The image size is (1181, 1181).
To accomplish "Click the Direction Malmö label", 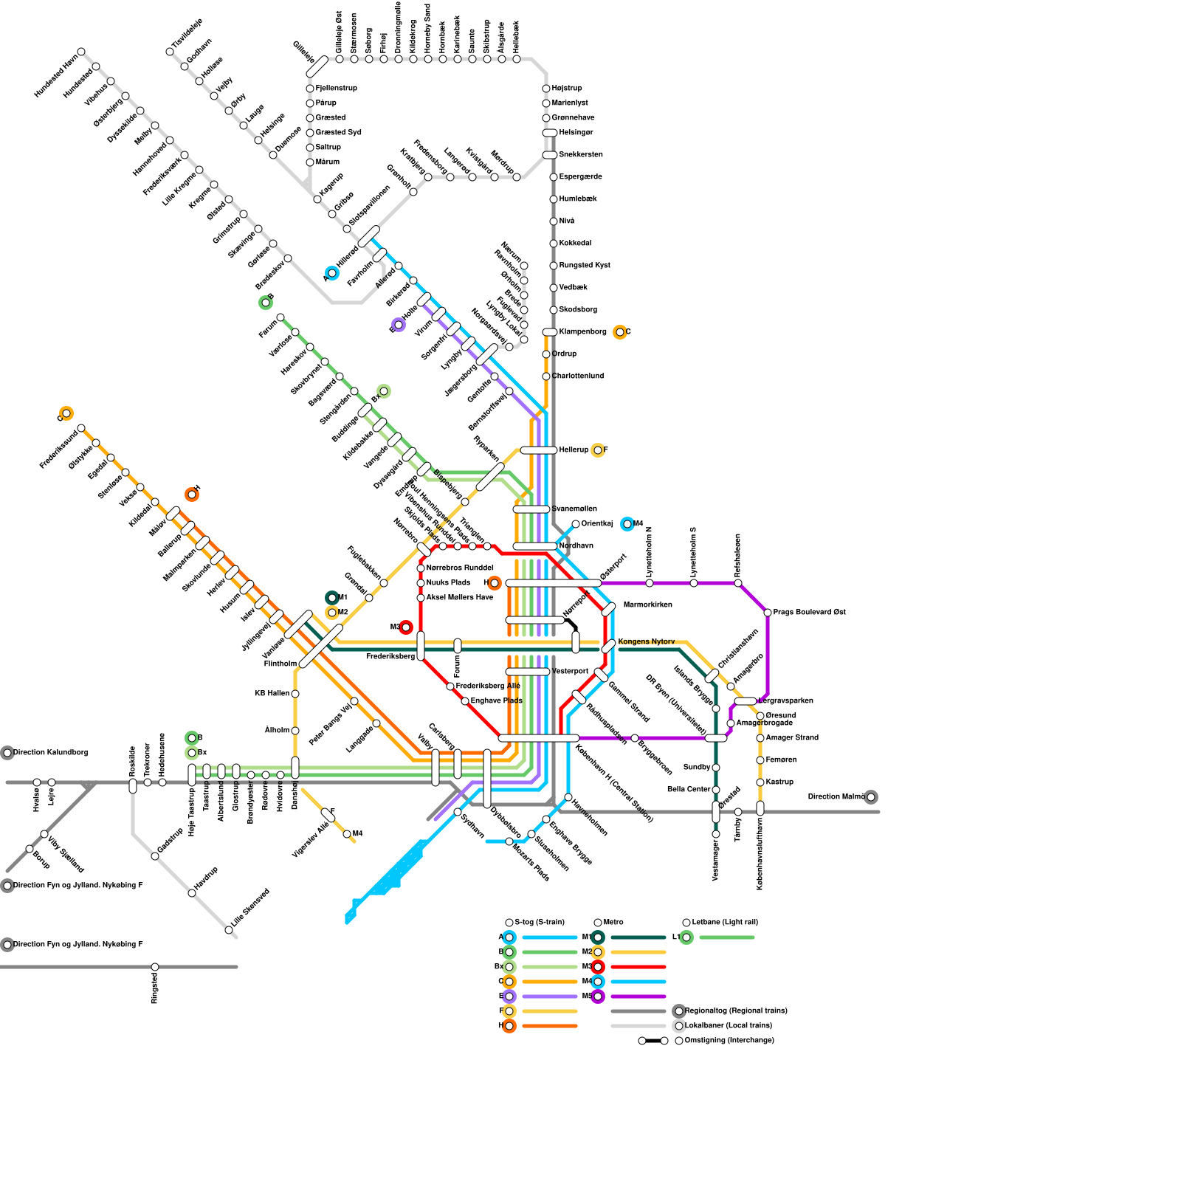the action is pyautogui.click(x=836, y=796).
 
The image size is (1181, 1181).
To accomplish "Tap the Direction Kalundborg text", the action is pyautogui.click(x=50, y=752).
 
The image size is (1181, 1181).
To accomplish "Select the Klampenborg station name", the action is pyautogui.click(x=582, y=331).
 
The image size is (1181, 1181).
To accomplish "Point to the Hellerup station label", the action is pyautogui.click(x=574, y=450).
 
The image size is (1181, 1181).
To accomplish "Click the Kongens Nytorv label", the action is pyautogui.click(x=646, y=641).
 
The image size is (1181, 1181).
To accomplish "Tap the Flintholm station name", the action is pyautogui.click(x=280, y=664).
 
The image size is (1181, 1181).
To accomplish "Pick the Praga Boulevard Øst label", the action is pyautogui.click(x=809, y=612).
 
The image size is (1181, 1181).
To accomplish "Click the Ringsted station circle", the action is pyautogui.click(x=155, y=967).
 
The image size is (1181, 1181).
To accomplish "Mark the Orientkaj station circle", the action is pyautogui.click(x=576, y=524).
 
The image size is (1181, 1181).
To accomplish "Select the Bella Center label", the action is pyautogui.click(x=689, y=789).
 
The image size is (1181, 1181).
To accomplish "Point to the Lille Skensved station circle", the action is pyautogui.click(x=229, y=930).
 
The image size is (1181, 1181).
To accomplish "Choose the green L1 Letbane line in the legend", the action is pyautogui.click(x=726, y=937).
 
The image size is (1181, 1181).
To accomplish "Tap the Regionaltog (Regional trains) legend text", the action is pyautogui.click(x=736, y=1010).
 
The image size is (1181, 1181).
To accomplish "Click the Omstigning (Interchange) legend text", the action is pyautogui.click(x=729, y=1040).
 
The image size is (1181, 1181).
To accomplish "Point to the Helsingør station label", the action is pyautogui.click(x=576, y=132).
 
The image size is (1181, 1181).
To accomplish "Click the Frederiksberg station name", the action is pyautogui.click(x=390, y=656).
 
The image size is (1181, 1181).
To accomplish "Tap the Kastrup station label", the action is pyautogui.click(x=779, y=782).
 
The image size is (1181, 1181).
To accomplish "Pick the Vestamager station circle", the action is pyautogui.click(x=716, y=834).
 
